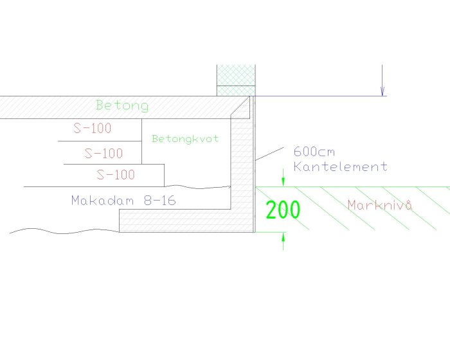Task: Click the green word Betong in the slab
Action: pos(122,105)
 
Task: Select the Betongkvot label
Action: pos(185,139)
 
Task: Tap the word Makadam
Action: pos(103,200)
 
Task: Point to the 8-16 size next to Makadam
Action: pos(160,200)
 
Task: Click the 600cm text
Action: pos(314,151)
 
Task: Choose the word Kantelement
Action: pos(340,166)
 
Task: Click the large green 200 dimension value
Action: pos(283,210)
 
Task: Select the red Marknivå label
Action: pos(381,205)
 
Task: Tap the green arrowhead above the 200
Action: pos(283,183)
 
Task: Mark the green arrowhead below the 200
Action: pos(283,237)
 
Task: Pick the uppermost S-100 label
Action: pos(92,128)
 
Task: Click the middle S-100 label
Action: pos(104,153)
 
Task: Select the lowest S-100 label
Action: pos(116,175)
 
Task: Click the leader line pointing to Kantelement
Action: pos(269,154)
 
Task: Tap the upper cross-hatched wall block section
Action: pos(236,75)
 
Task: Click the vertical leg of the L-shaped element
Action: pos(242,164)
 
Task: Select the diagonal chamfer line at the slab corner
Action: pos(240,106)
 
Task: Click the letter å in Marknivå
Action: pos(409,205)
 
